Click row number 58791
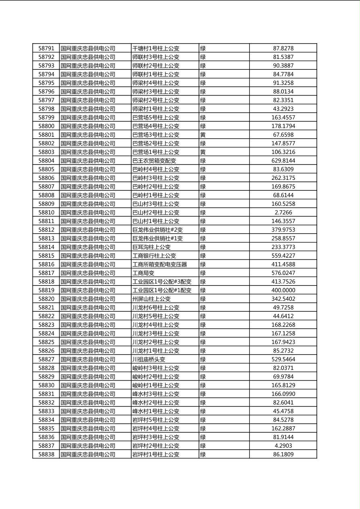tap(46, 48)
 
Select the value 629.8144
tap(283, 161)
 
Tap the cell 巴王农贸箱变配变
tap(154, 161)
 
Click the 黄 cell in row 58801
tap(203, 135)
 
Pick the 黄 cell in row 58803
tap(203, 152)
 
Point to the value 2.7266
tap(283, 213)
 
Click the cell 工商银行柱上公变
tap(154, 256)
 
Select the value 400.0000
tap(283, 290)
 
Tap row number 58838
tap(46, 455)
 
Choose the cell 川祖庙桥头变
tap(149, 359)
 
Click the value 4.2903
tap(283, 446)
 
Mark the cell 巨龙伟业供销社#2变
tap(158, 230)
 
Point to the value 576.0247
tap(283, 273)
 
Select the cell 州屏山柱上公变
tap(151, 299)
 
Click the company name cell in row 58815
tap(88, 256)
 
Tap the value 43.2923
tap(283, 109)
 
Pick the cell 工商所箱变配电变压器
tap(160, 265)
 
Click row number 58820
tap(46, 299)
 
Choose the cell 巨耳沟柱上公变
tap(151, 247)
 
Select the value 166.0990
tap(283, 394)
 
